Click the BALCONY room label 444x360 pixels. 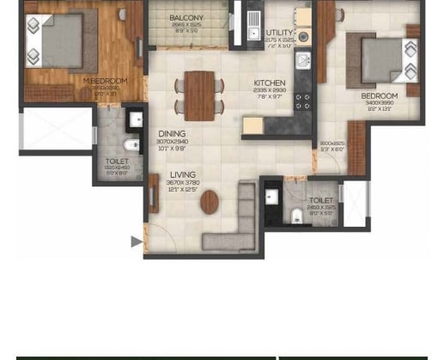point(186,17)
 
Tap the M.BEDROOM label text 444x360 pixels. point(105,81)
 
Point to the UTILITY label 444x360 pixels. point(279,33)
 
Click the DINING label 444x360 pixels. point(172,134)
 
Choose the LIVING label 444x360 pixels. point(182,174)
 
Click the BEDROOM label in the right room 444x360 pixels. point(379,96)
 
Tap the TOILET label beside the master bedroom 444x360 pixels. point(117,161)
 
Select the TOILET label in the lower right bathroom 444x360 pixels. point(321,200)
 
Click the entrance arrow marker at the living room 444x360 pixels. point(136,242)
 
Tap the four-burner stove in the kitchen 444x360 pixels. point(302,102)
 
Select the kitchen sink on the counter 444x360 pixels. point(302,60)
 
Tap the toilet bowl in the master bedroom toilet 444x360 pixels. point(132,143)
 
